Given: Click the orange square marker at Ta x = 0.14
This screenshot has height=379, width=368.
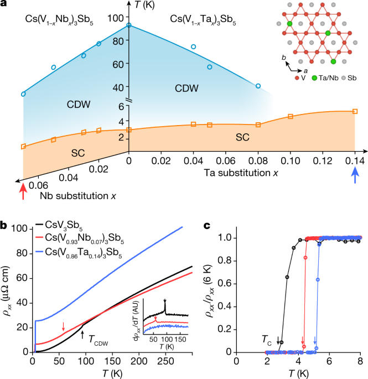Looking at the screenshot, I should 355,111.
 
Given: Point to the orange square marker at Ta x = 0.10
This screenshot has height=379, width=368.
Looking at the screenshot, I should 291,117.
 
